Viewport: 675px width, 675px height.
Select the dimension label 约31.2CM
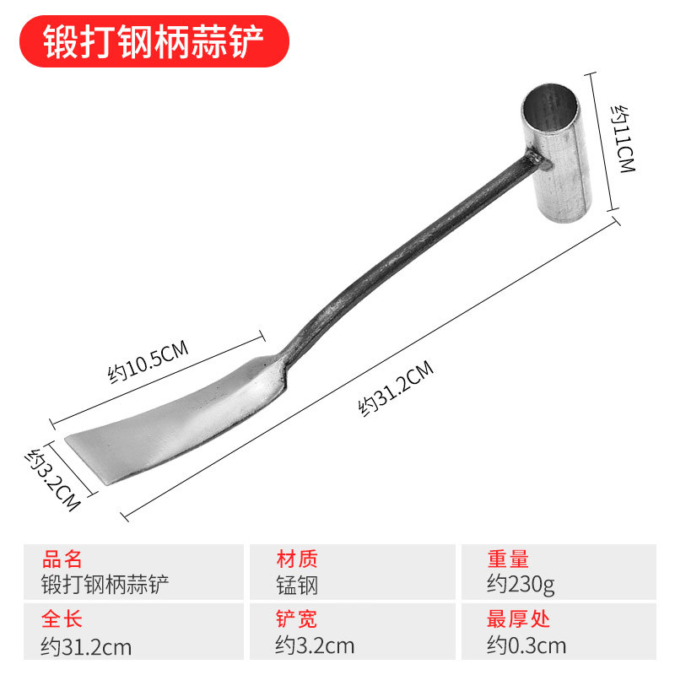click(x=397, y=387)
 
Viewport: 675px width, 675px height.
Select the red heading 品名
click(x=62, y=559)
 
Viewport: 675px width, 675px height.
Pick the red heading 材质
click(x=297, y=559)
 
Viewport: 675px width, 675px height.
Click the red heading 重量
click(x=508, y=559)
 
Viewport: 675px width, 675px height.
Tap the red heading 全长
click(x=62, y=620)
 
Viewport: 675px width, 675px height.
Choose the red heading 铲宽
click(x=297, y=620)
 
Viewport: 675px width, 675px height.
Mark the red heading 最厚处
click(x=518, y=620)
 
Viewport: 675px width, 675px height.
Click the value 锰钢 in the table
click(x=297, y=584)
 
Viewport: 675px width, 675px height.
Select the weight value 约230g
click(x=521, y=584)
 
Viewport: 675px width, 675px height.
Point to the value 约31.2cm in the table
click(x=86, y=647)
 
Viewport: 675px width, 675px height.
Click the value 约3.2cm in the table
click(x=315, y=647)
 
